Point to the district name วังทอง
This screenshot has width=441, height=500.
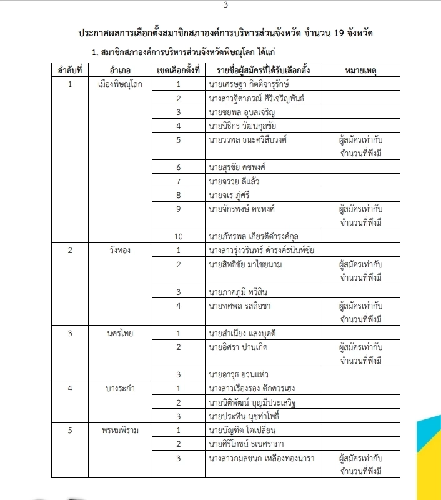[118, 250]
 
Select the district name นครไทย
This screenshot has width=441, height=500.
[118, 333]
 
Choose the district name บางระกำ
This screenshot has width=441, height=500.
[118, 388]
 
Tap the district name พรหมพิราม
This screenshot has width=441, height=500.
[118, 430]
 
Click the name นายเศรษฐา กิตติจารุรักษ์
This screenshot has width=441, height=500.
[249, 83]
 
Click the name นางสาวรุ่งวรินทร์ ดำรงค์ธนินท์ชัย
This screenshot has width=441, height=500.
[262, 250]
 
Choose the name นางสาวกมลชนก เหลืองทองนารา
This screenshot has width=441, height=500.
[262, 458]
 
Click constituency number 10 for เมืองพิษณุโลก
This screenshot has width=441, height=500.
[178, 236]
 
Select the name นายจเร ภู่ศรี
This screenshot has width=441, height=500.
[230, 195]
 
